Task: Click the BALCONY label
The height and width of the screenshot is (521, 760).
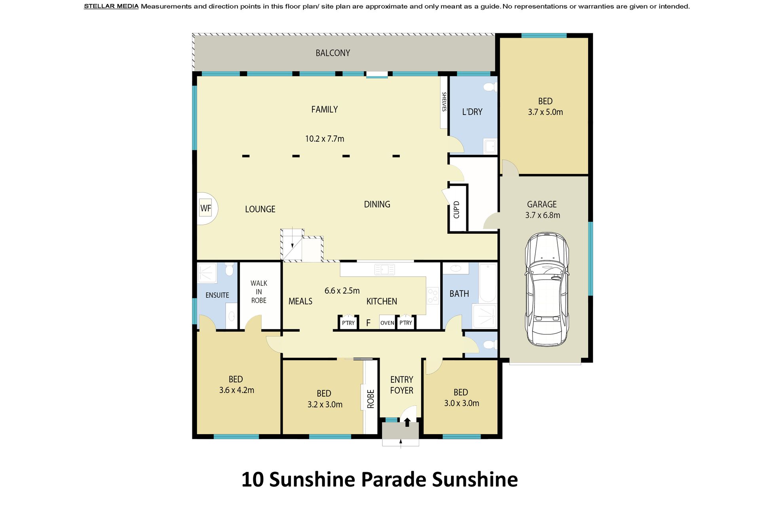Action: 332,53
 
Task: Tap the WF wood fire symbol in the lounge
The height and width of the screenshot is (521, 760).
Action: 206,208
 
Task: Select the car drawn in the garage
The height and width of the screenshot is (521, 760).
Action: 547,289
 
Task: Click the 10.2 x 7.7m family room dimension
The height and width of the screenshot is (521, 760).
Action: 325,139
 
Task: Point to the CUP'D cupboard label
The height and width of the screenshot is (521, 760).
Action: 456,210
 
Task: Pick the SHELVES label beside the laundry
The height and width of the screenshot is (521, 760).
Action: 444,102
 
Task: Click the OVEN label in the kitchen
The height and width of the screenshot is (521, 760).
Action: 387,323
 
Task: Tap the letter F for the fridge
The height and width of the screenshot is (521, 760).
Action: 368,323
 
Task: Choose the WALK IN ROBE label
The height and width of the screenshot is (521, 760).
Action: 259,292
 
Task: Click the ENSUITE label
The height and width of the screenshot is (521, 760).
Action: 217,295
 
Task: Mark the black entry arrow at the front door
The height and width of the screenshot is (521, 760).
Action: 407,422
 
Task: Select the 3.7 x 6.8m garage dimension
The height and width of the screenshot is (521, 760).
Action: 543,215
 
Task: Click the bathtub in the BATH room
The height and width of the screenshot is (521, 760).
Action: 488,283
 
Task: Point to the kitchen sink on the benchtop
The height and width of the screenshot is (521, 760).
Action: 384,270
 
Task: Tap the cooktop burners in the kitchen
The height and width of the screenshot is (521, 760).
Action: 433,296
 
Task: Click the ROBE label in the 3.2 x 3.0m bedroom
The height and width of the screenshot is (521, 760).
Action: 370,399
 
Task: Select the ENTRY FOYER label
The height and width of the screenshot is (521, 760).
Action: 402,385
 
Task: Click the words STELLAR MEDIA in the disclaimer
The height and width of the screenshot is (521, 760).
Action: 111,6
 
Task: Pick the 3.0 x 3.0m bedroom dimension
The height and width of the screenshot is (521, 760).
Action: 462,403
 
